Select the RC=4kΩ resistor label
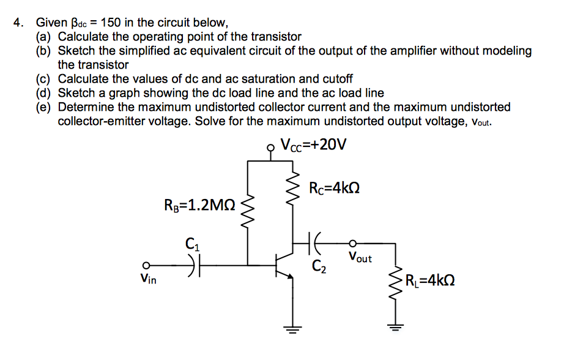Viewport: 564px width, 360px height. pos(334,188)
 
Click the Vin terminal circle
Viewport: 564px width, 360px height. pos(146,266)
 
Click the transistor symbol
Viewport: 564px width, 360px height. pos(284,265)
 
